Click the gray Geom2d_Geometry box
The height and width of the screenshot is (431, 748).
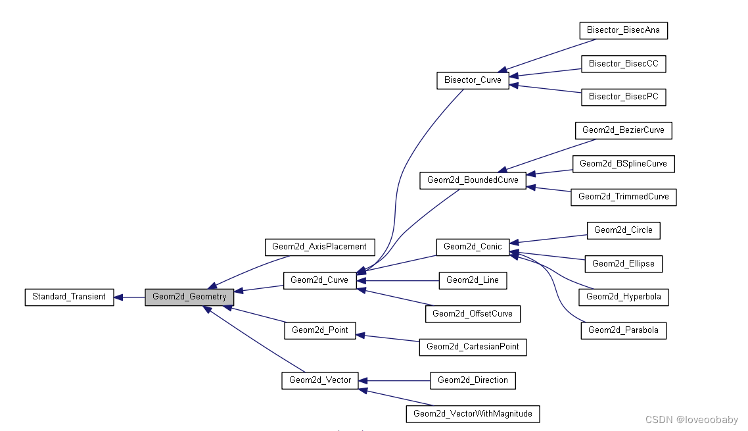(189, 297)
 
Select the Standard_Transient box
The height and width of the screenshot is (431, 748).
(69, 297)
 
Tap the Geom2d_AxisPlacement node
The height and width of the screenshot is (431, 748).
(319, 247)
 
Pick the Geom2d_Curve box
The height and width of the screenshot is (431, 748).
(319, 280)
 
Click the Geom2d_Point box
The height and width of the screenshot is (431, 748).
(319, 330)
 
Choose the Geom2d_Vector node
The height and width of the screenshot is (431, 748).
(320, 380)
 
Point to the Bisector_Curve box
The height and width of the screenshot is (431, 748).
(473, 80)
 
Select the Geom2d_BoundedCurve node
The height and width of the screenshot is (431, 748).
(473, 180)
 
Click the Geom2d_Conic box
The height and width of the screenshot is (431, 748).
(473, 247)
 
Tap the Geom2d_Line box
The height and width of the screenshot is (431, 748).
(473, 280)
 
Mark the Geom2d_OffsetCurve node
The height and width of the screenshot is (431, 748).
(473, 314)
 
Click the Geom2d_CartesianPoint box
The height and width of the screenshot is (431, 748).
(473, 347)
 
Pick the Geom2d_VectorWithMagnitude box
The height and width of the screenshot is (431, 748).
(473, 414)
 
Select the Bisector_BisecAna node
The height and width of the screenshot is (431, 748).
(623, 30)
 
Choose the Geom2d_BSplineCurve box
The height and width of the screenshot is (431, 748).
(623, 164)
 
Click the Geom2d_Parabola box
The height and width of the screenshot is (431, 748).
(623, 330)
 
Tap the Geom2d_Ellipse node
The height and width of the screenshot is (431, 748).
(623, 264)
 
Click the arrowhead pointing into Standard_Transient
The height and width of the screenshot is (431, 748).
(118, 297)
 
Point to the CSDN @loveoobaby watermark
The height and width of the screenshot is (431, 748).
(691, 420)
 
